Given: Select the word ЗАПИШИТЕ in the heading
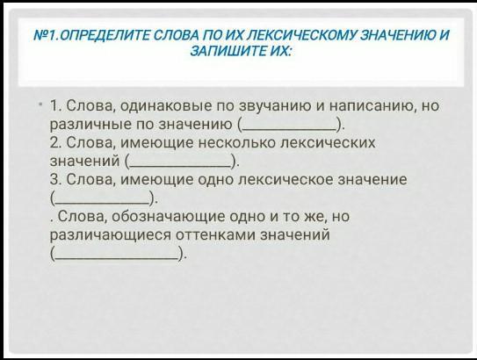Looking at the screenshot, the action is pos(228,51).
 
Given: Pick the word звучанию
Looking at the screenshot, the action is pos(275,107).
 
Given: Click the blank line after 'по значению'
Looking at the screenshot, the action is pos(290,130).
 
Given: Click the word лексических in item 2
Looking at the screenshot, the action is pos(328,143).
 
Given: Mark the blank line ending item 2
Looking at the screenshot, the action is pos(179,167).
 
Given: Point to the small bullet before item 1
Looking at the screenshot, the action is pos(40,104).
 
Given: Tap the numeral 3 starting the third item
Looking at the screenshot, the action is pos(54,179).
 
